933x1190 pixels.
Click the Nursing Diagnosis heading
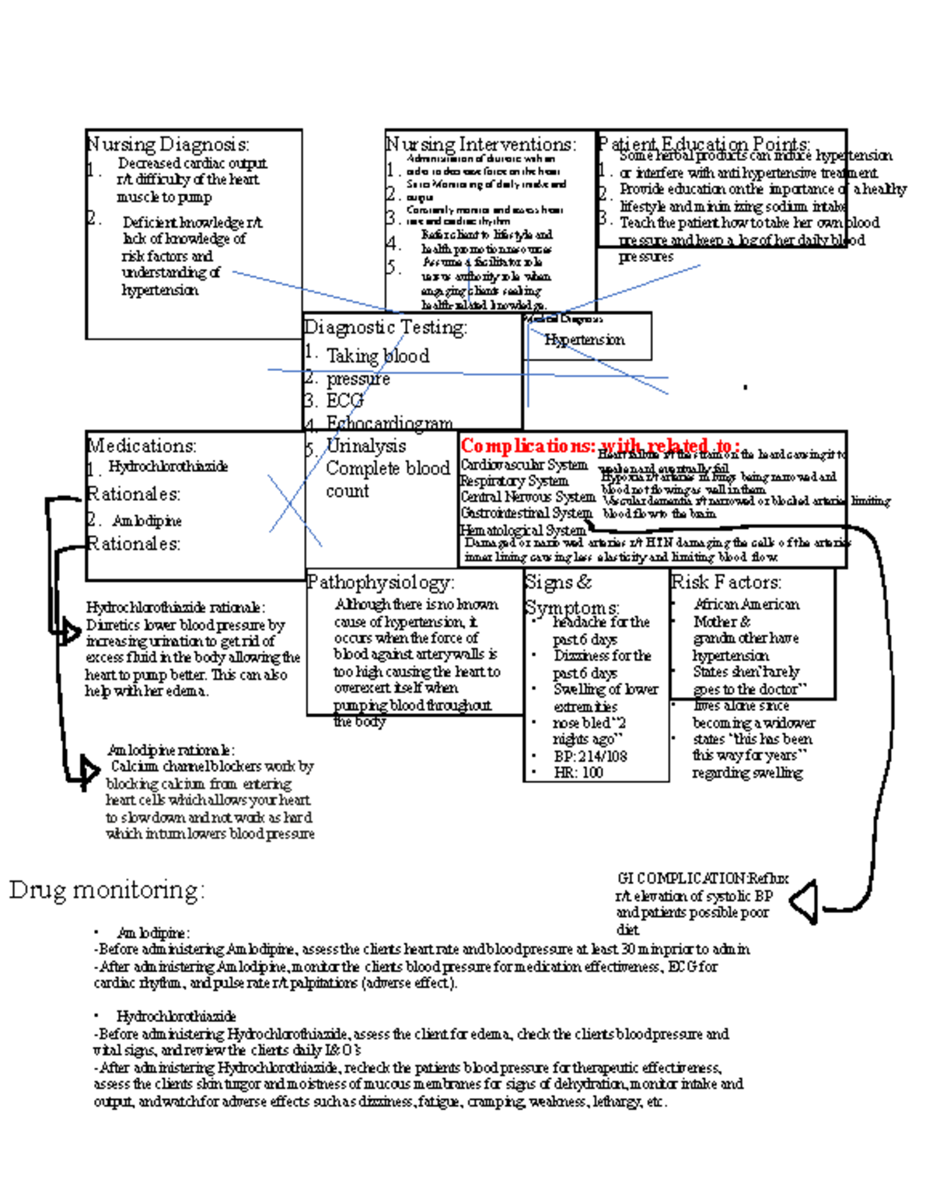(x=168, y=145)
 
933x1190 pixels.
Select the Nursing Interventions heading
(x=481, y=145)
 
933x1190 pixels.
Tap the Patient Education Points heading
(x=704, y=145)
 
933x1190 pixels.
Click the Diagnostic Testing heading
(x=386, y=327)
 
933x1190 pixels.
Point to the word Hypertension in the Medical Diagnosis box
(x=584, y=340)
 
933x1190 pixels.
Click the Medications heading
(x=142, y=446)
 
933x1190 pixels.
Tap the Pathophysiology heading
(x=381, y=582)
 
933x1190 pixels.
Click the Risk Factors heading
(x=726, y=582)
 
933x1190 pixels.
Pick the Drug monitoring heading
(x=107, y=890)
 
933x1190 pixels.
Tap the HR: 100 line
(x=578, y=772)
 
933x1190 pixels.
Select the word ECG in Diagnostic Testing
(x=344, y=401)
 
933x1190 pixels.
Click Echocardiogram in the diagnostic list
(x=389, y=423)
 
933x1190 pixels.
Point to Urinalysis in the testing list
(x=365, y=446)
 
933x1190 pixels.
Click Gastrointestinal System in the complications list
(x=526, y=513)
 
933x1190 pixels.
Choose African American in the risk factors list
(x=746, y=604)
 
